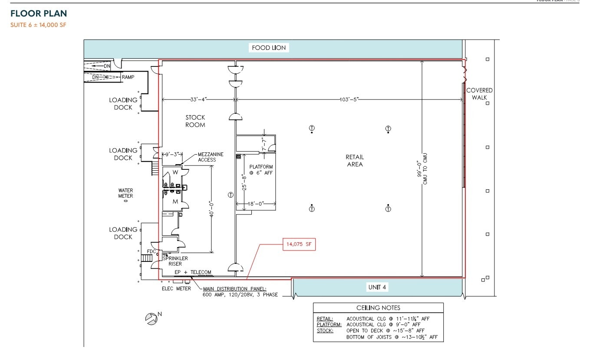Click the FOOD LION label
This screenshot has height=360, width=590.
pyautogui.click(x=269, y=48)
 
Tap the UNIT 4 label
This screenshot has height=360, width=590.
pyautogui.click(x=377, y=287)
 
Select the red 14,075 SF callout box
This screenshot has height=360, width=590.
pyautogui.click(x=299, y=244)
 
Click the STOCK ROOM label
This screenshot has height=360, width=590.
pyautogui.click(x=195, y=121)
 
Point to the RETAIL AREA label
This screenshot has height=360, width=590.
pyautogui.click(x=355, y=161)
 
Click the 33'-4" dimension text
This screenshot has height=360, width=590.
pyautogui.click(x=198, y=99)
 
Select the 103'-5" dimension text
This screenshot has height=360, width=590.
pyautogui.click(x=349, y=99)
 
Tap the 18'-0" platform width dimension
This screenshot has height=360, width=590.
pyautogui.click(x=256, y=203)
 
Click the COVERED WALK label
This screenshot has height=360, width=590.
pyautogui.click(x=479, y=94)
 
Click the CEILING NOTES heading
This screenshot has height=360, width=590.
pyautogui.click(x=378, y=308)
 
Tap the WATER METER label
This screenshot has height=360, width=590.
pyautogui.click(x=125, y=193)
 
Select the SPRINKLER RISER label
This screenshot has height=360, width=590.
pyautogui.click(x=175, y=261)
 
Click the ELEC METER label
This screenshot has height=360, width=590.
pyautogui.click(x=176, y=288)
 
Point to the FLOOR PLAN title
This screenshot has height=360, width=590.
pyautogui.click(x=39, y=14)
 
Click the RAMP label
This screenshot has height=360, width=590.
pyautogui.click(x=128, y=77)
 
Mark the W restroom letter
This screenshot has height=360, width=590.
pyautogui.click(x=175, y=172)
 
